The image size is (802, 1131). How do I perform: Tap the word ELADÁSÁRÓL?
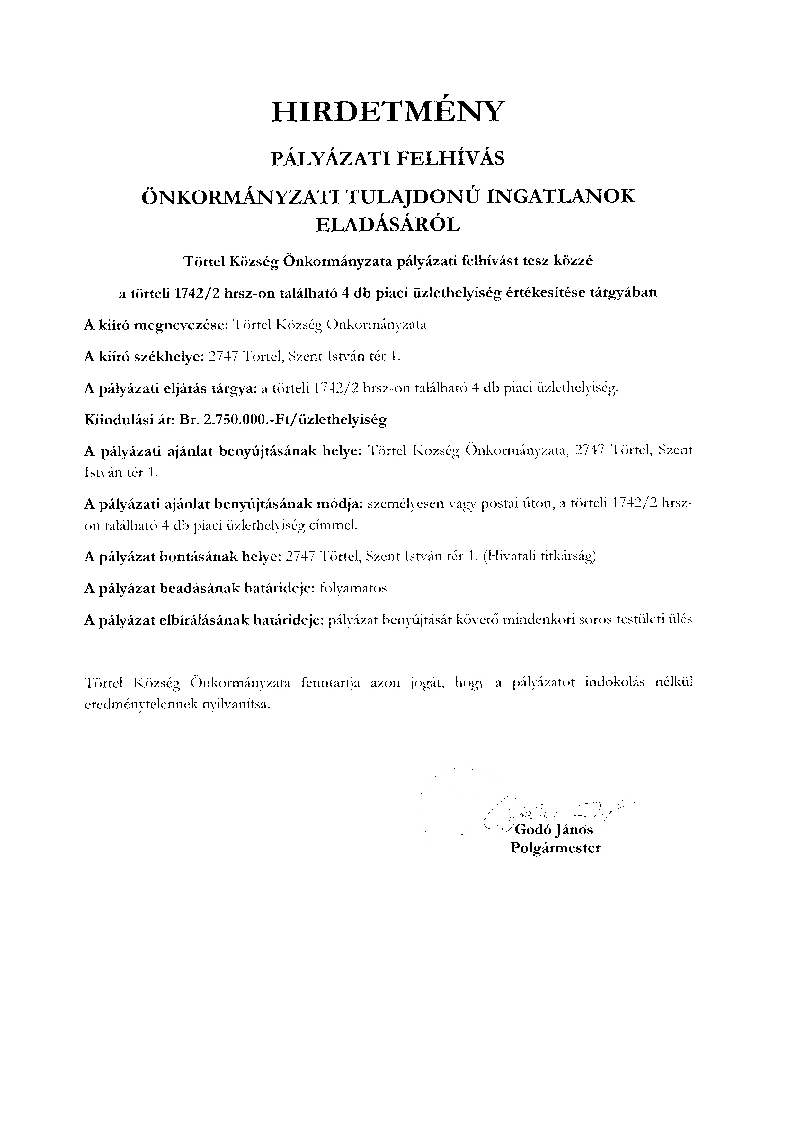388,225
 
